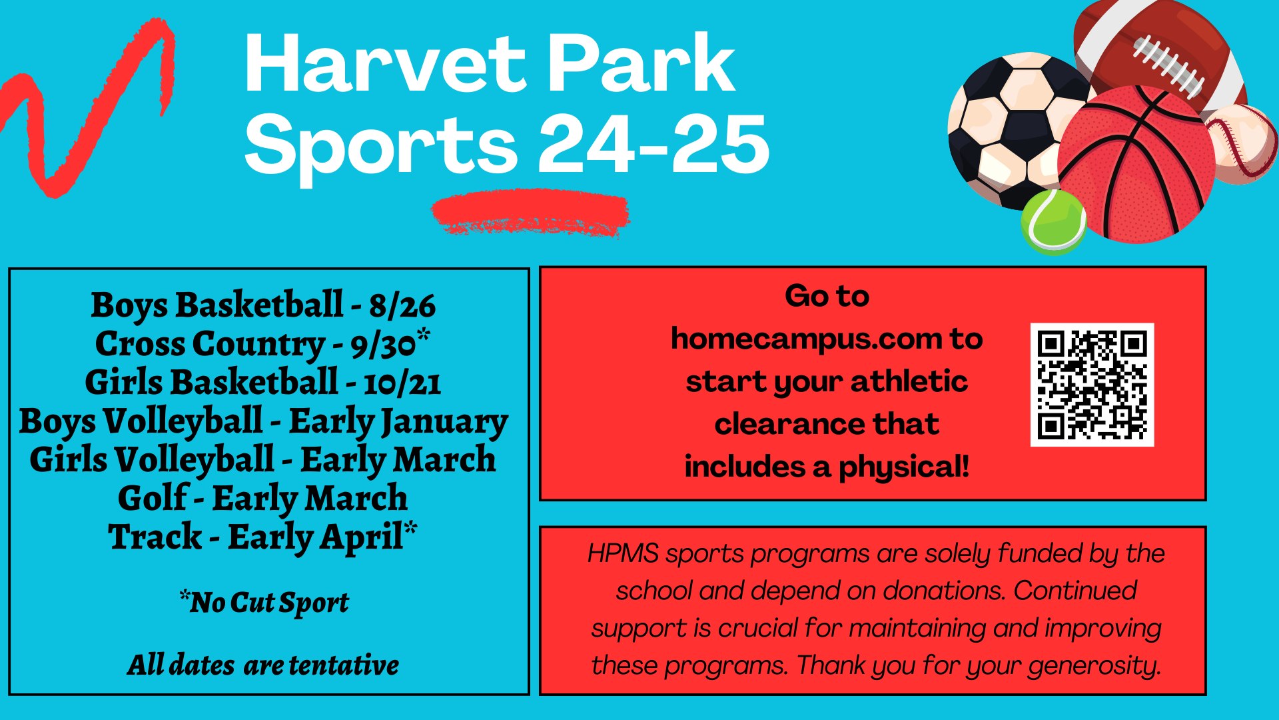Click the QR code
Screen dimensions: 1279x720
coord(1092,385)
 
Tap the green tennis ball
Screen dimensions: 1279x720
coord(1054,222)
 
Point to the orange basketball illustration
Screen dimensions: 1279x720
coord(1136,164)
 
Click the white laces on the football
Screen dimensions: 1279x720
coord(1168,65)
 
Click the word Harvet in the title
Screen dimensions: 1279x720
coord(385,63)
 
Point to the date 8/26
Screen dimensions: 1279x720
coord(402,305)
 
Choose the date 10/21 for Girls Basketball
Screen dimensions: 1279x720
coord(402,383)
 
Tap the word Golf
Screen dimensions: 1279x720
coord(153,499)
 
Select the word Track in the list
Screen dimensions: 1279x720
coord(155,537)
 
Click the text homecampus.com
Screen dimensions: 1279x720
coord(805,339)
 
